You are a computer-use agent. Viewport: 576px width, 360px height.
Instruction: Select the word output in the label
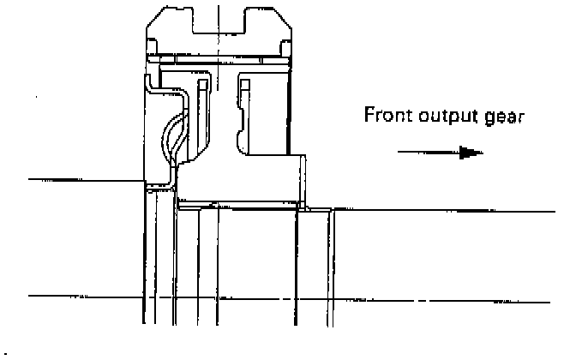click(x=443, y=115)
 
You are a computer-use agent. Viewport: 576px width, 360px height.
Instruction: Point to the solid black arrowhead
click(x=471, y=153)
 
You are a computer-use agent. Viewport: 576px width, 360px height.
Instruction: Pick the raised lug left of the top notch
click(x=177, y=17)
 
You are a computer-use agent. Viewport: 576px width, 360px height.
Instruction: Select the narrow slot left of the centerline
click(x=202, y=103)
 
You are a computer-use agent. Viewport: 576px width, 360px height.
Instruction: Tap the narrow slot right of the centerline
click(x=244, y=103)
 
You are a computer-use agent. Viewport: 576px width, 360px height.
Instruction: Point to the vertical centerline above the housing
click(x=219, y=4)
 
